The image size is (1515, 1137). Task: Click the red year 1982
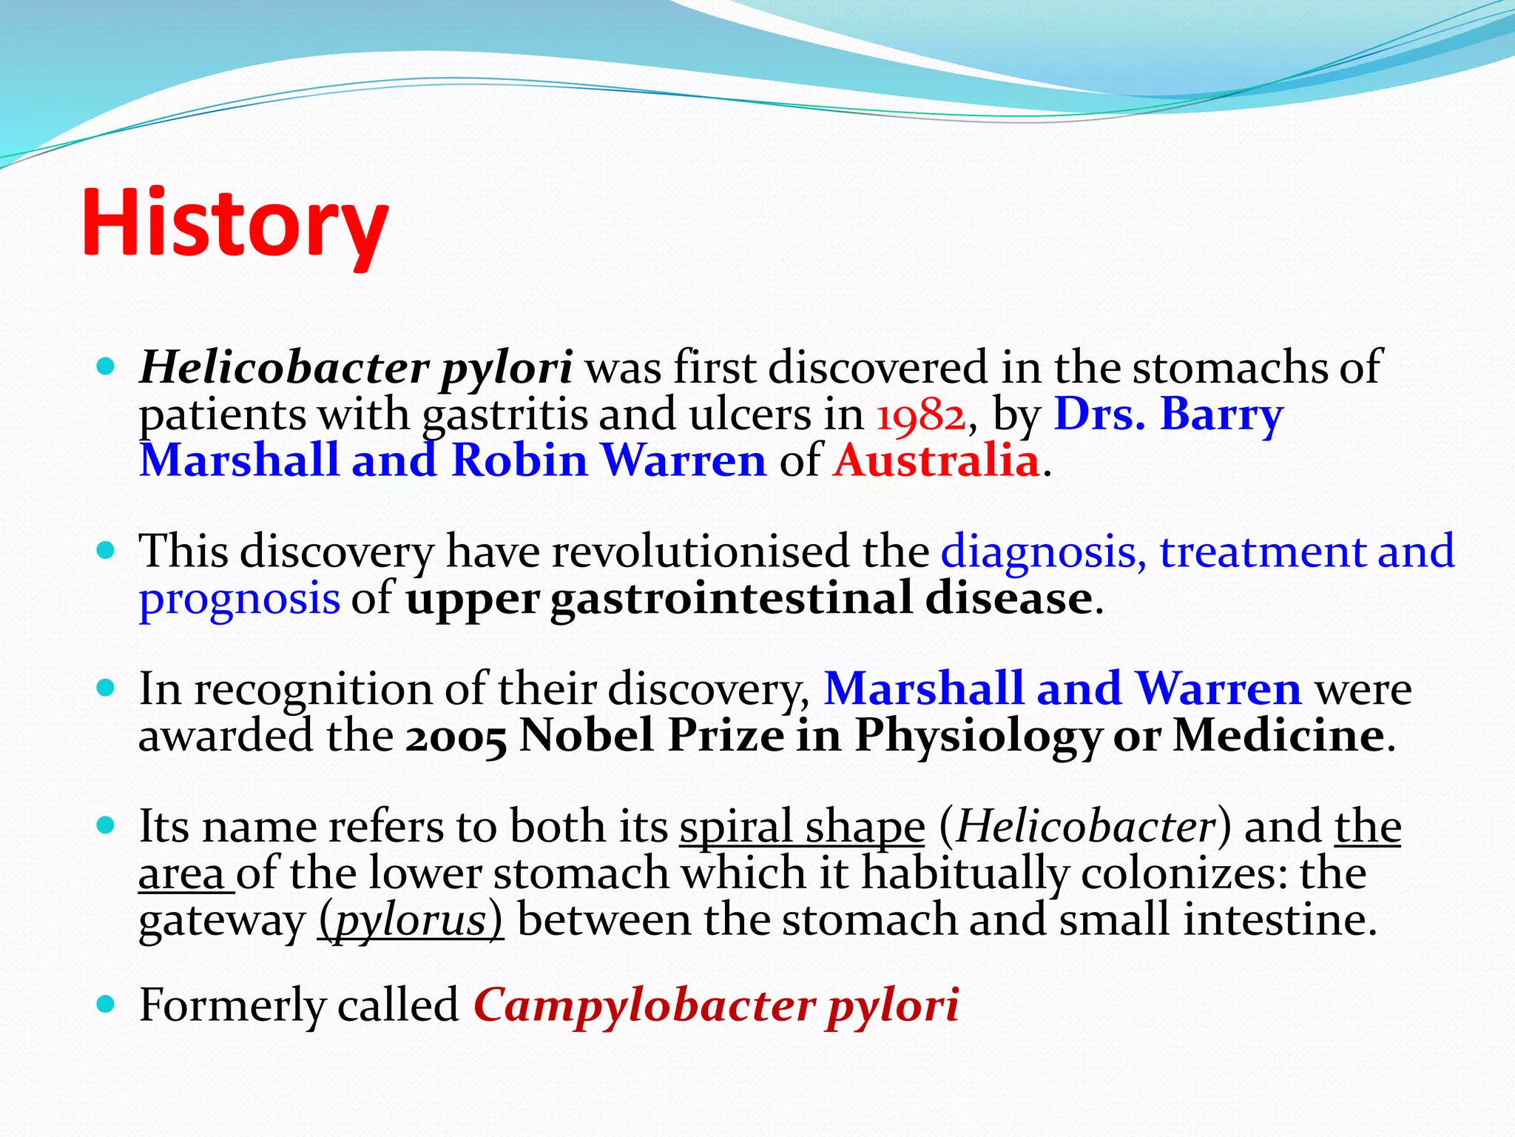pos(921,415)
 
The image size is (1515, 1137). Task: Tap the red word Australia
pos(937,460)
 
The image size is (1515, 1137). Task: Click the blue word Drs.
pos(1099,414)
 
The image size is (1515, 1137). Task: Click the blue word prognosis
pos(240,598)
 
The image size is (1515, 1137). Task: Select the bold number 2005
pos(456,737)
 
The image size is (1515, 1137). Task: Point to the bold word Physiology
pos(978,737)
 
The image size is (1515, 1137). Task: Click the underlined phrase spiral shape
pos(802,828)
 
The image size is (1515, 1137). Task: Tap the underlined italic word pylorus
pos(411,920)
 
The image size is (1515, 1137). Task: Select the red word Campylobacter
pos(644,1006)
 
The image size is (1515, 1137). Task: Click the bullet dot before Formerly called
pos(107,1004)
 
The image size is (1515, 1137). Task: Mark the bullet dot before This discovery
pos(107,551)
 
